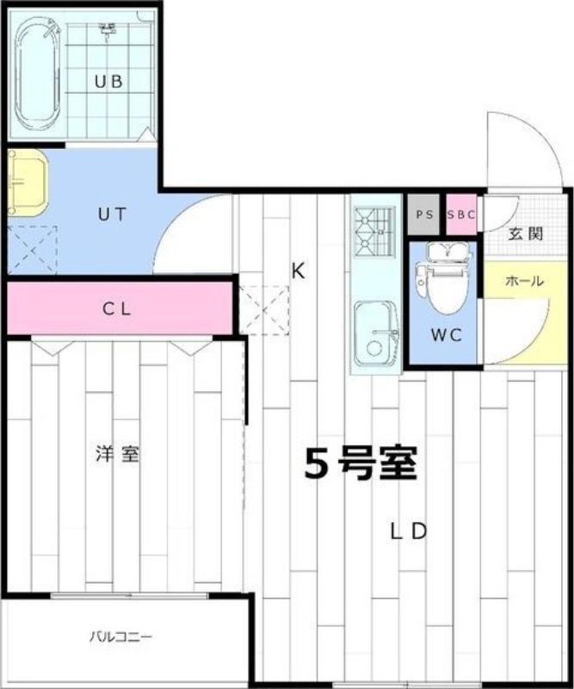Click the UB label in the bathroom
point(108,82)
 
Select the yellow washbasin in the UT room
point(28,183)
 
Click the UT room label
point(112,214)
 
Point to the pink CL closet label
point(117,309)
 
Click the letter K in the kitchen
point(299,271)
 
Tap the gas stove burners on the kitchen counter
point(375,232)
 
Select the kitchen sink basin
point(376,334)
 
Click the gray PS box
point(424,214)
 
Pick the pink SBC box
point(461,214)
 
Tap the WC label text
point(446,335)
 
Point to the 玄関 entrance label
point(526,233)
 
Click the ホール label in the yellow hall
point(525,281)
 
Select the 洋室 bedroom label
point(118,454)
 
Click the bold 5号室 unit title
point(361,464)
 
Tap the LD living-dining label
point(409,532)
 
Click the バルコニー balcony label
point(120,636)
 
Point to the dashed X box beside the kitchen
point(263,311)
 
